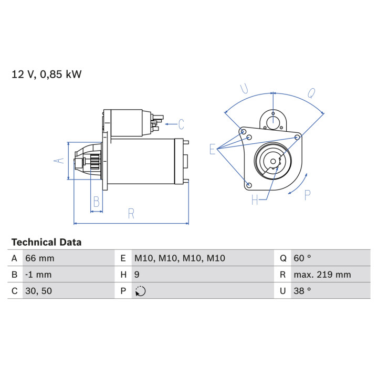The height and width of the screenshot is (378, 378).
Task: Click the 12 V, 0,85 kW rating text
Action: (x=47, y=74)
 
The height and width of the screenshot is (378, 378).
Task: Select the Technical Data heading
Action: (x=47, y=242)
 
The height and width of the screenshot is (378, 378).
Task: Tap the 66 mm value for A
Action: (x=40, y=258)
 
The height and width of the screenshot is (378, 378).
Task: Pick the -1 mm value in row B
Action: (x=38, y=275)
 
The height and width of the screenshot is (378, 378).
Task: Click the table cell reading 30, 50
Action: (x=38, y=291)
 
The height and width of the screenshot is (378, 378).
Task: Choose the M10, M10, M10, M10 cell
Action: (x=180, y=258)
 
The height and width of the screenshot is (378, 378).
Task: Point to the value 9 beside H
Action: (x=136, y=275)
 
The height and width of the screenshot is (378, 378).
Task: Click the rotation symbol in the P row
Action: (x=140, y=291)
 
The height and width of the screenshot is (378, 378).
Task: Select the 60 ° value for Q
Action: (x=302, y=258)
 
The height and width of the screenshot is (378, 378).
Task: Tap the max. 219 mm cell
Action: (x=322, y=275)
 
